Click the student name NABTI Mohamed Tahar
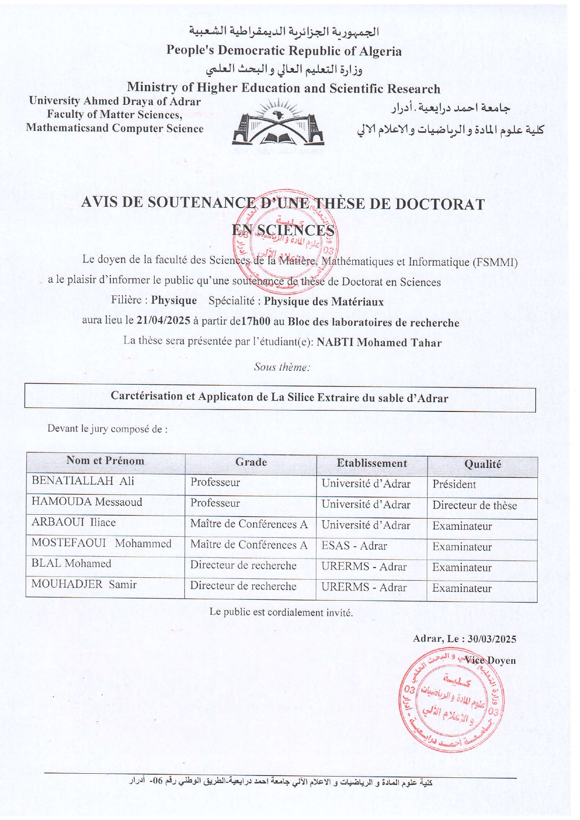(379, 342)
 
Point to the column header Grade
(251, 462)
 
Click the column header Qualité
(482, 464)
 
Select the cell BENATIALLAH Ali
(83, 481)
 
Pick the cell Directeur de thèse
(474, 505)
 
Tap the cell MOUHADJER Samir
(84, 584)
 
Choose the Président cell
(454, 484)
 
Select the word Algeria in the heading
(380, 51)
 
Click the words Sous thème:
(282, 367)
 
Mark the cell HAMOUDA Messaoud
(87, 502)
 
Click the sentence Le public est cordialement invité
(281, 612)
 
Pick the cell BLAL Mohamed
(71, 563)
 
